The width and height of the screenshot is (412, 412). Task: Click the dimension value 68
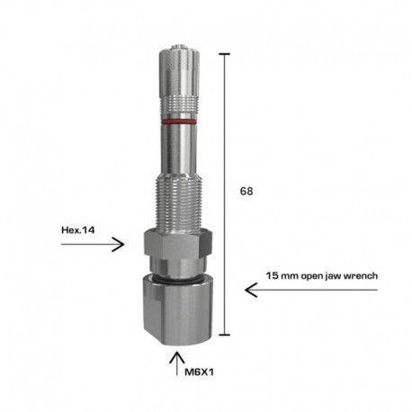pyautogui.click(x=246, y=191)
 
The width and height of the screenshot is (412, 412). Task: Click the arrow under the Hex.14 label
pyautogui.click(x=107, y=244)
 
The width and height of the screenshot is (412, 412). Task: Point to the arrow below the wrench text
pyautogui.click(x=306, y=289)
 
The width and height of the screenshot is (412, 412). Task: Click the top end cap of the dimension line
pyautogui.click(x=224, y=54)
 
